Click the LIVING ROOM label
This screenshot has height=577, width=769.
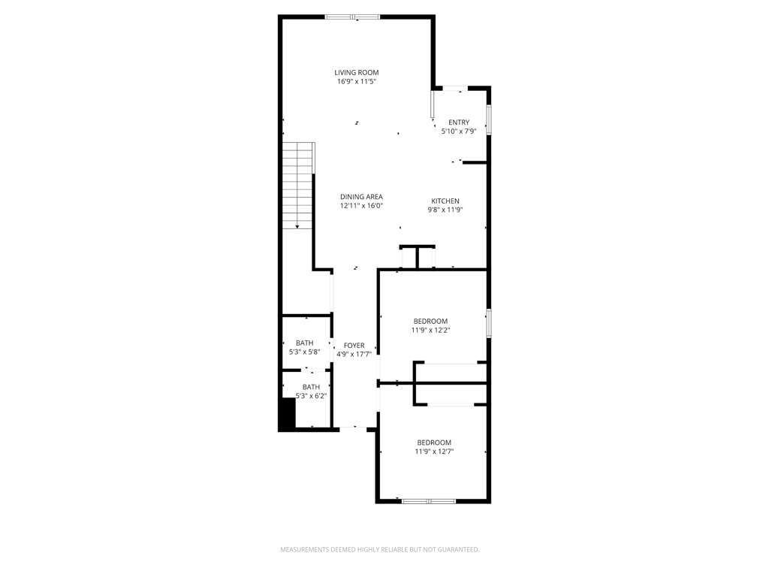(357, 73)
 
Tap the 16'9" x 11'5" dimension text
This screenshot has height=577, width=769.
(357, 82)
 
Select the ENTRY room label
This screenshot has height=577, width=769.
(459, 122)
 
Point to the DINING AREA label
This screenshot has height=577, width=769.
(361, 197)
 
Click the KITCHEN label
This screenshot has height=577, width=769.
(445, 201)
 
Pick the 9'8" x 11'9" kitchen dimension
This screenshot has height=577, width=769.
(445, 210)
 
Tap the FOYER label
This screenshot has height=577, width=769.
(354, 346)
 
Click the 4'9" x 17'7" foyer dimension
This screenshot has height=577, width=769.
(354, 355)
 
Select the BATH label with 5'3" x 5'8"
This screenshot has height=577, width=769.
(305, 343)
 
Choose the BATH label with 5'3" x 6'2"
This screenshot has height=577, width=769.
(311, 387)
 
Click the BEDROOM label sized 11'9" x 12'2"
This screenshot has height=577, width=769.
(430, 322)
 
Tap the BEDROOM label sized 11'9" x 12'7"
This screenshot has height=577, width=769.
(434, 443)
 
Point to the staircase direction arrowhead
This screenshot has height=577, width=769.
(297, 226)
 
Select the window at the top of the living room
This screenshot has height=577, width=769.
(353, 17)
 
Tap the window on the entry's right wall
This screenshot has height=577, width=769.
(489, 119)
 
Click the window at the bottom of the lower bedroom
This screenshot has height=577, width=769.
(429, 501)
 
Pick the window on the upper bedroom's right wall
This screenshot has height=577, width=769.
(489, 322)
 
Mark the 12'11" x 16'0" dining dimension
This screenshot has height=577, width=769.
(361, 206)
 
